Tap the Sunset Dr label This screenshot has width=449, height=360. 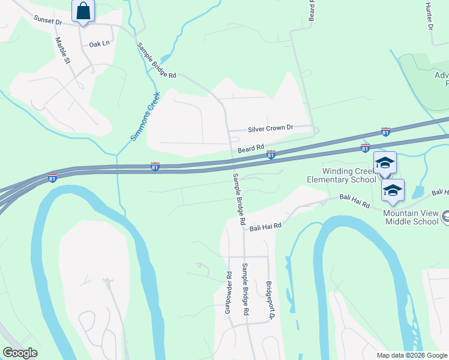48,21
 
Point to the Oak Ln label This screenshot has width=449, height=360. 100,44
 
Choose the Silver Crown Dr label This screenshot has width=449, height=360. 271,128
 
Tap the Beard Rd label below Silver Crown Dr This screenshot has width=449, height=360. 251,148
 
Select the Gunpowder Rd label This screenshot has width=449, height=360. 229,293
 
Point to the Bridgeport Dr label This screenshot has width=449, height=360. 271,299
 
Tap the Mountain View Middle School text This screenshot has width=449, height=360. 411,217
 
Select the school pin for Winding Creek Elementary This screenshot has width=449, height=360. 385,163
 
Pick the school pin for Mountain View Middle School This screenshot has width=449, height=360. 393,190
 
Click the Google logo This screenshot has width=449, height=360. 20,353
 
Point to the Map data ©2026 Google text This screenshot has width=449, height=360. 411,355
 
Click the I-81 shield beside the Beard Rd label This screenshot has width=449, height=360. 271,155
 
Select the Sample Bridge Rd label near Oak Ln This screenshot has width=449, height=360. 156,61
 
